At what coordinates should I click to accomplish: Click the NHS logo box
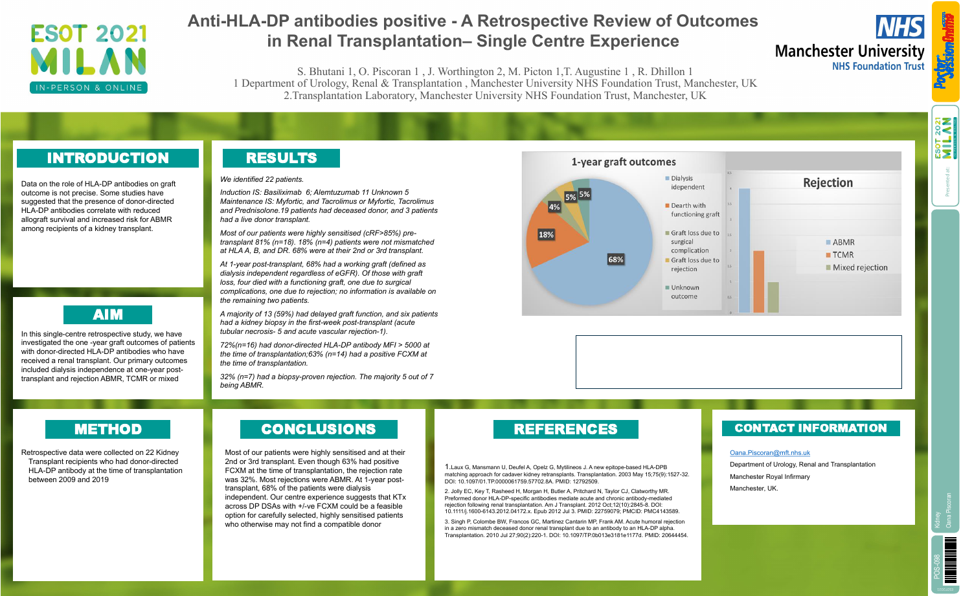(899, 27)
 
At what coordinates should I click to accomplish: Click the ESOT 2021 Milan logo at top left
(89, 59)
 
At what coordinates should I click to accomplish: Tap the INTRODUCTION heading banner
(107, 158)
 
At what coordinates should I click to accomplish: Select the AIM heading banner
(107, 315)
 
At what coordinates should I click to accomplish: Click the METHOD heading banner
(107, 429)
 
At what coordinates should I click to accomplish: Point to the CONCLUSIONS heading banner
(319, 429)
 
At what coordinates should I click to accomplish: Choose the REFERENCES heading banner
(565, 429)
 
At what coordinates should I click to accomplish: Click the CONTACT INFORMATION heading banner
(811, 428)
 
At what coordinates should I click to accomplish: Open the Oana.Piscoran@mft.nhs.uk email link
(769, 453)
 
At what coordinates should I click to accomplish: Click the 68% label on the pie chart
(615, 259)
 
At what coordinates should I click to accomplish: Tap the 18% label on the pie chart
(546, 234)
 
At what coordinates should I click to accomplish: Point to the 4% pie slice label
(554, 207)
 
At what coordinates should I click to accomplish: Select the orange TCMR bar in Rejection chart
(758, 281)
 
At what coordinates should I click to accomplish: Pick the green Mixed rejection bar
(773, 297)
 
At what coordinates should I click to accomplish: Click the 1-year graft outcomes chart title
(623, 162)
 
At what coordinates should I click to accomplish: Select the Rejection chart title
(828, 182)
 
